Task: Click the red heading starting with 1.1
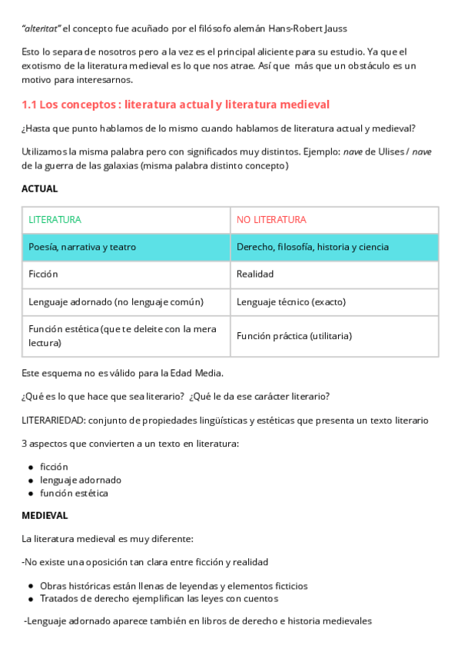click(175, 105)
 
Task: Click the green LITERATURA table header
click(55, 220)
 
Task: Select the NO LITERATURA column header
click(271, 220)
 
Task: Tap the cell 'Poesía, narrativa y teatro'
click(82, 247)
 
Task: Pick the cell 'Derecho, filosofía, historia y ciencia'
click(313, 247)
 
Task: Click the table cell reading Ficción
click(43, 274)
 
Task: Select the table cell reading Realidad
click(255, 274)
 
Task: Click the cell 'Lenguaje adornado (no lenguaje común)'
click(116, 301)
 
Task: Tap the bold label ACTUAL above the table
click(40, 188)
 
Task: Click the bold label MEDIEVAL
click(45, 515)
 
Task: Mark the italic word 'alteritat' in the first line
click(41, 28)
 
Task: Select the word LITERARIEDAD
click(53, 421)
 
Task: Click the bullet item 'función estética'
click(74, 493)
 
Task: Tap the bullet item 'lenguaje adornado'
click(81, 480)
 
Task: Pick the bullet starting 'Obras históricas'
click(174, 586)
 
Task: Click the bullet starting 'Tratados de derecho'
click(159, 598)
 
